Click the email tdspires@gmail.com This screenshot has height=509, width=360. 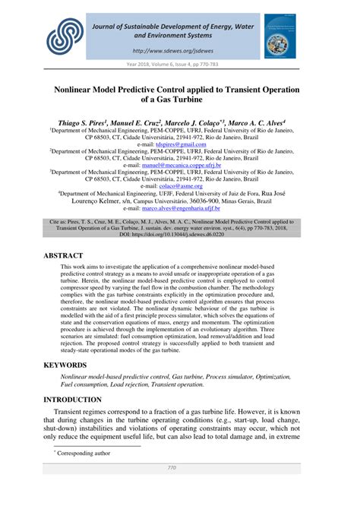coord(180,144)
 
